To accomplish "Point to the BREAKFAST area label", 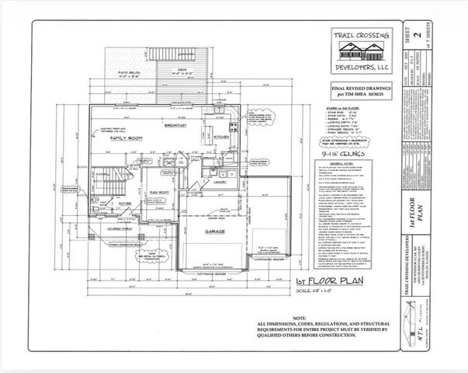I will pyautogui.click(x=178, y=125).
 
